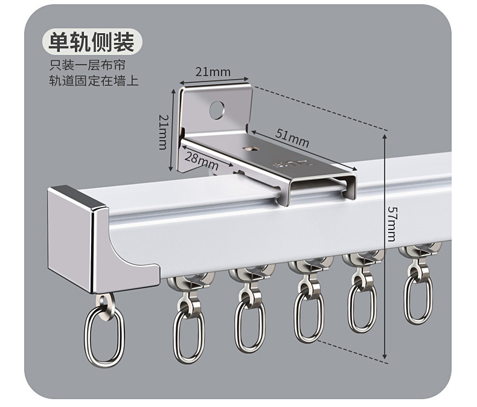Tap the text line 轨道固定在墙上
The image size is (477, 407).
tap(94, 80)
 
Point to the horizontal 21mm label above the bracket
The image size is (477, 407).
tap(213, 71)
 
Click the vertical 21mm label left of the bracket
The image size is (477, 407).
tap(162, 131)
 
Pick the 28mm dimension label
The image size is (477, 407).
tap(201, 161)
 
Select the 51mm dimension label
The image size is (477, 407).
tap(292, 138)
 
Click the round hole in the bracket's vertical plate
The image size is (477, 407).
tap(217, 110)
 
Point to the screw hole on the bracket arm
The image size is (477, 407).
tap(250, 146)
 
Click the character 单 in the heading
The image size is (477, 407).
tap(57, 41)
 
